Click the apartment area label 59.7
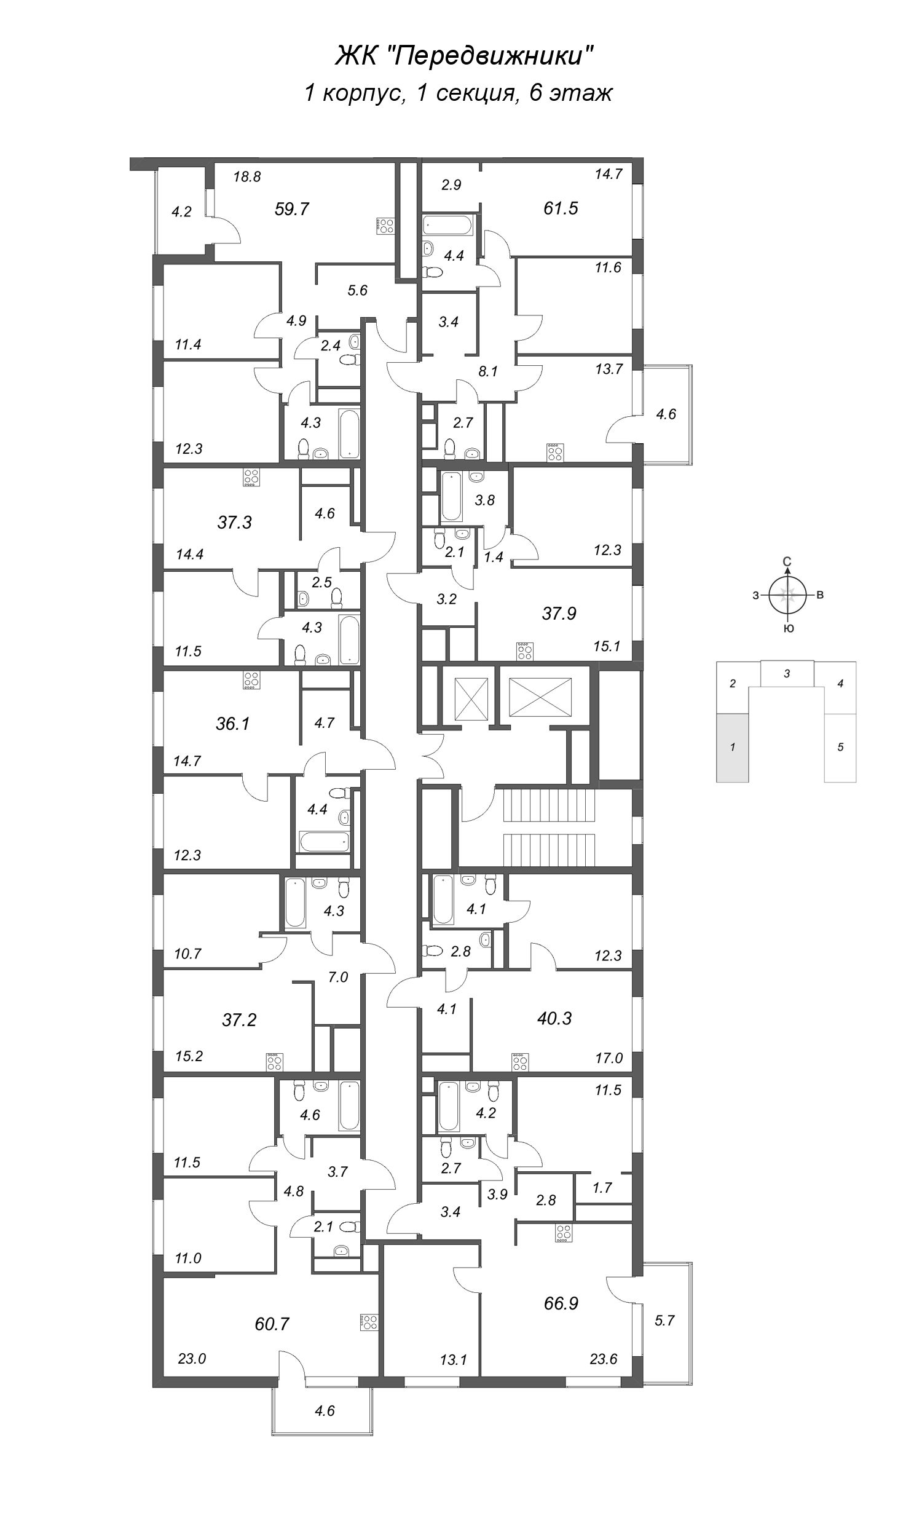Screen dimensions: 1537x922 pos(291,209)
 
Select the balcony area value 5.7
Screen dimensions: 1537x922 pos(664,1321)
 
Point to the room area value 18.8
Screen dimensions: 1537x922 pos(246,177)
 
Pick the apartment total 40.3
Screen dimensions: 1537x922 pos(554,1019)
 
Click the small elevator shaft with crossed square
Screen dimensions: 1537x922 pos(471,698)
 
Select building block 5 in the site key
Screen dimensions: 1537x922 pos(840,748)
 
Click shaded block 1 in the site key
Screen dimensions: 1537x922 pos(733,748)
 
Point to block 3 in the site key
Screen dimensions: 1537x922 pos(787,673)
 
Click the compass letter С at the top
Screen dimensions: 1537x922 pos(787,563)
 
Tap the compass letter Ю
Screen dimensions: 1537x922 pos(788,629)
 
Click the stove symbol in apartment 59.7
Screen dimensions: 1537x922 pos(385,226)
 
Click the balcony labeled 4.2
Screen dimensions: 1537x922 pos(181,211)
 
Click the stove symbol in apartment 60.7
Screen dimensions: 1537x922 pos(368,1323)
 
